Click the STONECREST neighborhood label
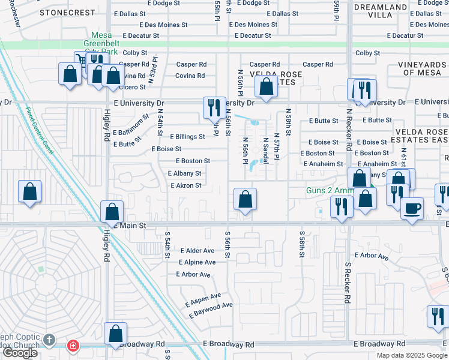(67, 12)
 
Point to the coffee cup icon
(412, 208)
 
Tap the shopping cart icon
(80, 59)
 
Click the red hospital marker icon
(73, 345)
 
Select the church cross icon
(50, 340)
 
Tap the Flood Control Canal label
(40, 130)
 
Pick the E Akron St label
(185, 185)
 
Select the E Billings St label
(187, 137)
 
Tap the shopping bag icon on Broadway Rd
(115, 334)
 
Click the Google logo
(20, 353)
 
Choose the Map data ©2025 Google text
(411, 355)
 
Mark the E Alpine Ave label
(197, 262)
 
